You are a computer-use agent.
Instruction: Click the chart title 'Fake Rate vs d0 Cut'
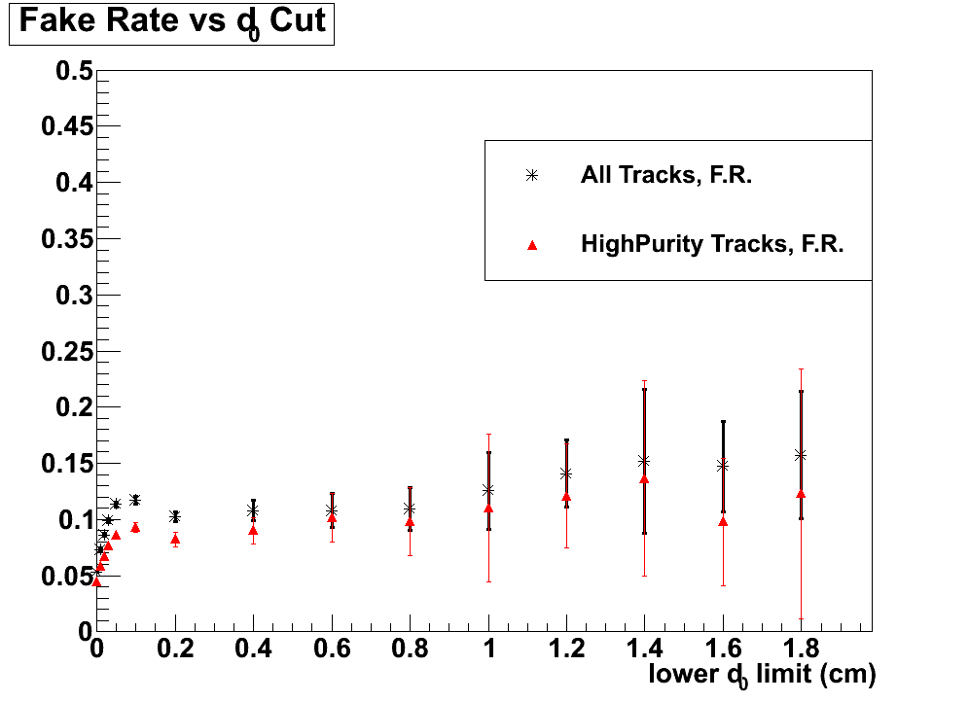click(171, 22)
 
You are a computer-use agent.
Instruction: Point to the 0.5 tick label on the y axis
click(73, 71)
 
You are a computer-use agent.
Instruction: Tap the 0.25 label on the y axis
click(66, 352)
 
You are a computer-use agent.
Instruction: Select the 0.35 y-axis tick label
click(66, 239)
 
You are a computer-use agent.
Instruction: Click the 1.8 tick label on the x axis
click(801, 649)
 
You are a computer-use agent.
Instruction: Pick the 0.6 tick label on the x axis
click(331, 649)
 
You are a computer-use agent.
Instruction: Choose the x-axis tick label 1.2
click(566, 649)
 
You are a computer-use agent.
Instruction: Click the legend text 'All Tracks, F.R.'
click(666, 176)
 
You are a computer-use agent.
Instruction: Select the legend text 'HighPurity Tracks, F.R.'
click(711, 244)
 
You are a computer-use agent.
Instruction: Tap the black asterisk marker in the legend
click(531, 176)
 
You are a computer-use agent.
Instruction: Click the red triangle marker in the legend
click(531, 245)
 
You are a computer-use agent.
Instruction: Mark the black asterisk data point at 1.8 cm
click(801, 455)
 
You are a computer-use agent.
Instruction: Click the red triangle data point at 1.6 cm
click(723, 522)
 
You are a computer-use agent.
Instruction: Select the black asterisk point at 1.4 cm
click(644, 461)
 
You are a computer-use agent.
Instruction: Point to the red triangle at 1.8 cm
click(801, 494)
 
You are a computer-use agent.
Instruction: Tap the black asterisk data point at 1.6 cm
click(723, 466)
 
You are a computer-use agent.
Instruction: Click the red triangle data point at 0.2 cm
click(175, 539)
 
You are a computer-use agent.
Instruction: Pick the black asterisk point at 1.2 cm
click(566, 474)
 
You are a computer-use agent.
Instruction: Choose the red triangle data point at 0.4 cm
click(253, 530)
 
